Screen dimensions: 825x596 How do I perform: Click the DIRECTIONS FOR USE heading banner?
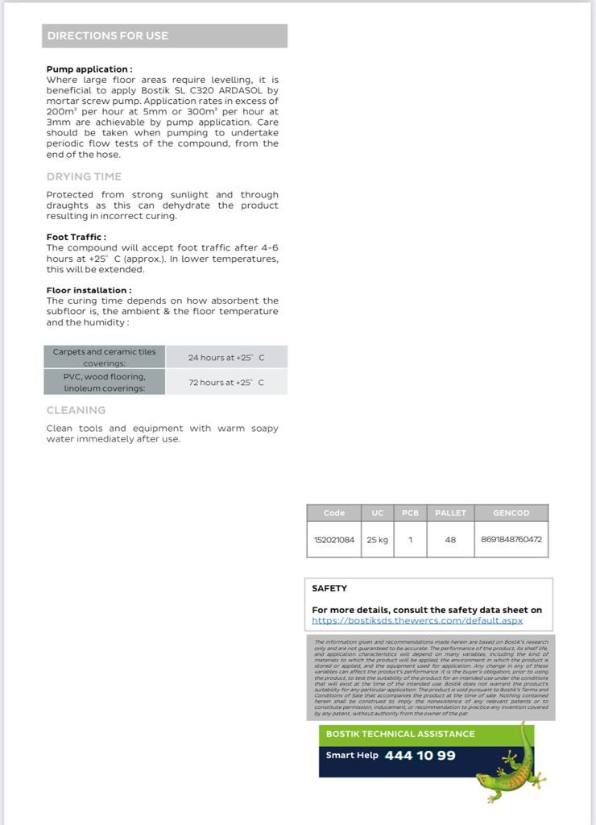(164, 35)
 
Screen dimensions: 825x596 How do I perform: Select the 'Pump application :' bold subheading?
(89, 69)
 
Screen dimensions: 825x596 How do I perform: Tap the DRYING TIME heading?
(84, 176)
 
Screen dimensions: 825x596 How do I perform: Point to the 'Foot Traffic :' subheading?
(76, 237)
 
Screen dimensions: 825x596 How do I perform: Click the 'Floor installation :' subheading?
(89, 290)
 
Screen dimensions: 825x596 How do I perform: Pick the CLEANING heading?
(76, 410)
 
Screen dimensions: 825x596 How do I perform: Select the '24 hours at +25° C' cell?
(226, 357)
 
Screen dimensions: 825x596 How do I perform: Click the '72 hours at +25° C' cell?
(226, 382)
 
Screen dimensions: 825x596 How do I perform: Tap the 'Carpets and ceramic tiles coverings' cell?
(105, 357)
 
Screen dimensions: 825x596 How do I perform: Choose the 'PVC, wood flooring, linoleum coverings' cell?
(105, 382)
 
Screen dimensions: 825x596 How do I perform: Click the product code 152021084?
(333, 540)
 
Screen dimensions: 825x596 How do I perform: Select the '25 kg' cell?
(377, 540)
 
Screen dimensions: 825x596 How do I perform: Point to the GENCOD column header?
(511, 512)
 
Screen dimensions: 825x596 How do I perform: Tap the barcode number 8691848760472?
(511, 540)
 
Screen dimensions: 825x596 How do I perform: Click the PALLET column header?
(450, 512)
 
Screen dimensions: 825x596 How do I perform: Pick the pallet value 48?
(450, 540)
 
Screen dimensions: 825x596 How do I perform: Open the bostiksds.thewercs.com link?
(417, 620)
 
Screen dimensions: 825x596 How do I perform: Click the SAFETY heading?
(329, 588)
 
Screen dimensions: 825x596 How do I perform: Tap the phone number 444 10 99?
(420, 756)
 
